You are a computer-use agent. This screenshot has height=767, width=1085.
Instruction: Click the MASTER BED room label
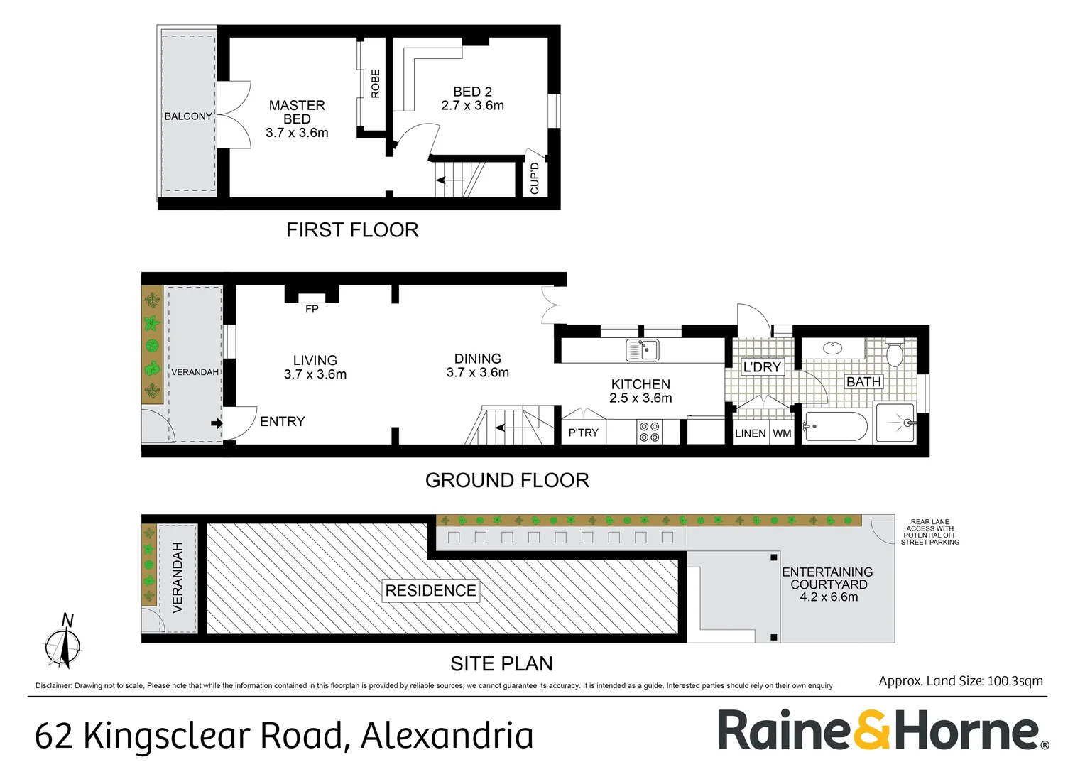click(x=297, y=112)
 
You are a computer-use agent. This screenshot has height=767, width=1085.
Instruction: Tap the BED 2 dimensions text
click(x=472, y=106)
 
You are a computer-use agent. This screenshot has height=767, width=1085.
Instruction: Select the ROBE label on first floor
click(x=376, y=84)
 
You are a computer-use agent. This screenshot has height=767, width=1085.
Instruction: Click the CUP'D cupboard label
click(x=535, y=178)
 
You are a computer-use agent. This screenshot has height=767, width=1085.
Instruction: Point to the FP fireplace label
click(x=312, y=309)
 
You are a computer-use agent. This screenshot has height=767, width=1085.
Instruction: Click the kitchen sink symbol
click(x=643, y=349)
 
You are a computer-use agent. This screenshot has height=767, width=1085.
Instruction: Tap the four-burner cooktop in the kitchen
click(x=649, y=432)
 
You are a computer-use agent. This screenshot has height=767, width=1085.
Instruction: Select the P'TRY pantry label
click(x=583, y=433)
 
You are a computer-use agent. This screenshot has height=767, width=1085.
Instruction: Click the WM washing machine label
click(x=782, y=433)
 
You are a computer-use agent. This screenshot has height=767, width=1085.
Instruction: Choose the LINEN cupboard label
click(x=750, y=433)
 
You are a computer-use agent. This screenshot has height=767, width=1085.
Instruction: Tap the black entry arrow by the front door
click(x=217, y=424)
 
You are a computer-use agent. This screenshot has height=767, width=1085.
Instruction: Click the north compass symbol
click(x=64, y=643)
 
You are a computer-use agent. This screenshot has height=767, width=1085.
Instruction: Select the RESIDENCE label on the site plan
click(x=430, y=590)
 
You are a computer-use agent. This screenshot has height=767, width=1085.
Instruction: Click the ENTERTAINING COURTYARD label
click(x=828, y=578)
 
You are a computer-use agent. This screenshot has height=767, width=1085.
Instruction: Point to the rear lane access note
click(x=929, y=532)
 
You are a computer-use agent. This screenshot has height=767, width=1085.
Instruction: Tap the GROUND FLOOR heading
click(x=507, y=481)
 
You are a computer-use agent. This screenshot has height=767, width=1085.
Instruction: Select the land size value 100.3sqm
click(x=1015, y=680)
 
